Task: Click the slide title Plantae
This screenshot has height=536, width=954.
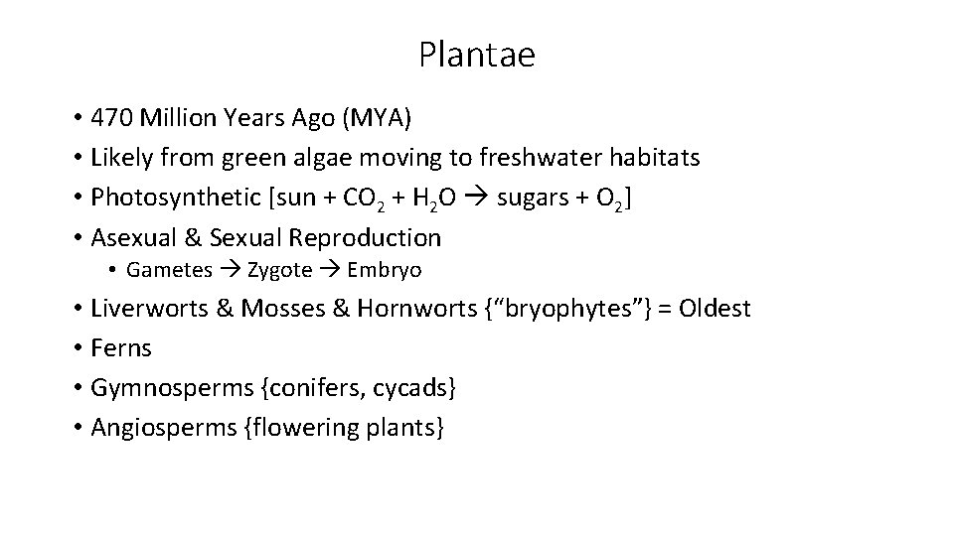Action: pos(476,55)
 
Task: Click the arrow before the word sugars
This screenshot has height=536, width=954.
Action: pos(478,198)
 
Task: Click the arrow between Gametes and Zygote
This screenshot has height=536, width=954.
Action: pos(233,270)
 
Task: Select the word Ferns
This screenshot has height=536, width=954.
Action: pos(121,348)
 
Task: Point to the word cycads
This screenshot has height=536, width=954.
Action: pos(411,388)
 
